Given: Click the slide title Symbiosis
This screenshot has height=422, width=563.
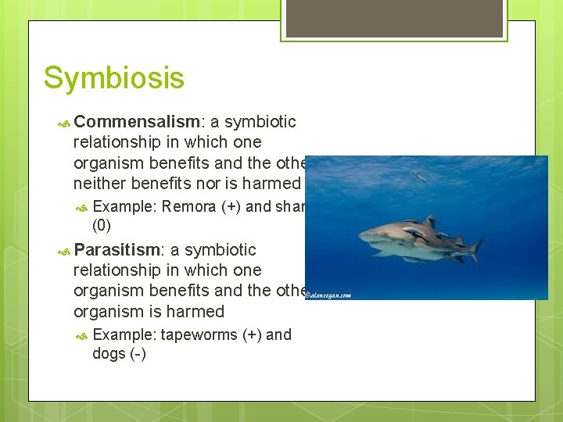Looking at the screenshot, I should point(114,78).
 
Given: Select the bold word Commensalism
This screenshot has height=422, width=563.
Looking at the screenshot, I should point(138,122).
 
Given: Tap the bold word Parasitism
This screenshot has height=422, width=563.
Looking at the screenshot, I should point(118,250).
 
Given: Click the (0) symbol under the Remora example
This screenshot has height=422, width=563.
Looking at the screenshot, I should point(102,226).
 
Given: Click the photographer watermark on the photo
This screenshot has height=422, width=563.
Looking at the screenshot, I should point(328,295).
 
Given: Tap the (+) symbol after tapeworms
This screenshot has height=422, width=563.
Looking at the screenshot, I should point(252,335).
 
